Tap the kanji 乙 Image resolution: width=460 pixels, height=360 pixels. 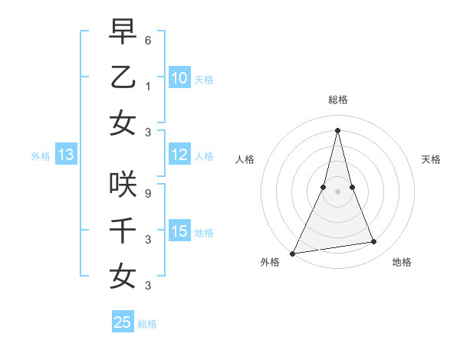click(123, 77)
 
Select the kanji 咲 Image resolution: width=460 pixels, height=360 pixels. click(123, 183)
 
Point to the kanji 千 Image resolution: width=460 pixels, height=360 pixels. click(123, 230)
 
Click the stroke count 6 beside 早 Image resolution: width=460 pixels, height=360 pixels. click(148, 39)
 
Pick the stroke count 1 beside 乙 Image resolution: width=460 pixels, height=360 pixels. click(148, 86)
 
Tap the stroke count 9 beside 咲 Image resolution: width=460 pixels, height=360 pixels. click(148, 192)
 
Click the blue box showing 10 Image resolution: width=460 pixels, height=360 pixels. click(179, 78)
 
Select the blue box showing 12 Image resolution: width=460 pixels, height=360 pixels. click(179, 155)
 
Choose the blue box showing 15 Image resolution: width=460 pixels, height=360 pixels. click(179, 232)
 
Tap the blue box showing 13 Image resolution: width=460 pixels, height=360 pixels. click(65, 155)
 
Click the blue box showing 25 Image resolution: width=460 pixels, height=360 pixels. click(122, 322)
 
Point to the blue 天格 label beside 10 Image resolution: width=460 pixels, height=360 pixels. click(204, 79)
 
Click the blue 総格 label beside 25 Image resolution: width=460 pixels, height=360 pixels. click(147, 323)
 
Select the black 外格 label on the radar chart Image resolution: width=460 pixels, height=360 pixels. click(270, 263)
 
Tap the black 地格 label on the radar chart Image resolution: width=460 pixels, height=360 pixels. click(402, 263)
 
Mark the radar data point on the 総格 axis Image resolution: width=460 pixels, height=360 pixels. click(337, 130)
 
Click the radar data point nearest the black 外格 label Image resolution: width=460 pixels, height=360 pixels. click(292, 253)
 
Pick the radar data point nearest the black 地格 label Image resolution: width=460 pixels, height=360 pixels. click(374, 242)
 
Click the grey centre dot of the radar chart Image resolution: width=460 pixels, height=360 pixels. click(337, 191)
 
